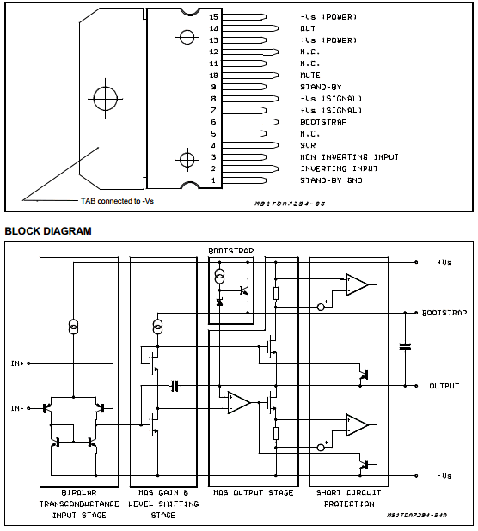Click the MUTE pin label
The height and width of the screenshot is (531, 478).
click(x=310, y=75)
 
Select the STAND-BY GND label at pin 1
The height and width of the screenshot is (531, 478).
click(x=331, y=180)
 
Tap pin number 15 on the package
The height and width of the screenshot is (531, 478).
click(x=213, y=17)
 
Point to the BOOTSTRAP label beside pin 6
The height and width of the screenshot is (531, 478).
click(x=323, y=122)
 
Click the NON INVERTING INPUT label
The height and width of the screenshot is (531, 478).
click(x=349, y=157)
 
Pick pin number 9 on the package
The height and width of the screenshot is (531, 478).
click(x=213, y=87)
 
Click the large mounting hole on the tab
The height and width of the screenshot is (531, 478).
click(x=106, y=99)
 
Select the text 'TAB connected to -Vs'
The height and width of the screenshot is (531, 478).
click(x=117, y=201)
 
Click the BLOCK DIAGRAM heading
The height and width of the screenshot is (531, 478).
click(x=48, y=231)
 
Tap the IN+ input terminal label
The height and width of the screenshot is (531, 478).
click(x=17, y=363)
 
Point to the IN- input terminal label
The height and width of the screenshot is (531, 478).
click(x=17, y=408)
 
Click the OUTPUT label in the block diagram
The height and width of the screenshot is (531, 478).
click(x=444, y=386)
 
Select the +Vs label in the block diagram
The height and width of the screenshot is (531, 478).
click(x=444, y=262)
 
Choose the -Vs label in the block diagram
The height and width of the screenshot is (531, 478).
click(x=444, y=476)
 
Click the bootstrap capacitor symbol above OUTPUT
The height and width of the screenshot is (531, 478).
click(x=405, y=346)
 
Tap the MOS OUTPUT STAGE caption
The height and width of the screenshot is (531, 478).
click(x=253, y=492)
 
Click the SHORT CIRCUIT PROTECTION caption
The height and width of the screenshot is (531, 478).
click(x=349, y=498)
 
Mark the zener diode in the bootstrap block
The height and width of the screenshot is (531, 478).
click(x=219, y=302)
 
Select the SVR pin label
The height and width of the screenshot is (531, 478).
click(x=308, y=145)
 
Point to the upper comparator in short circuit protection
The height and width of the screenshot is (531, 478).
click(x=357, y=284)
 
